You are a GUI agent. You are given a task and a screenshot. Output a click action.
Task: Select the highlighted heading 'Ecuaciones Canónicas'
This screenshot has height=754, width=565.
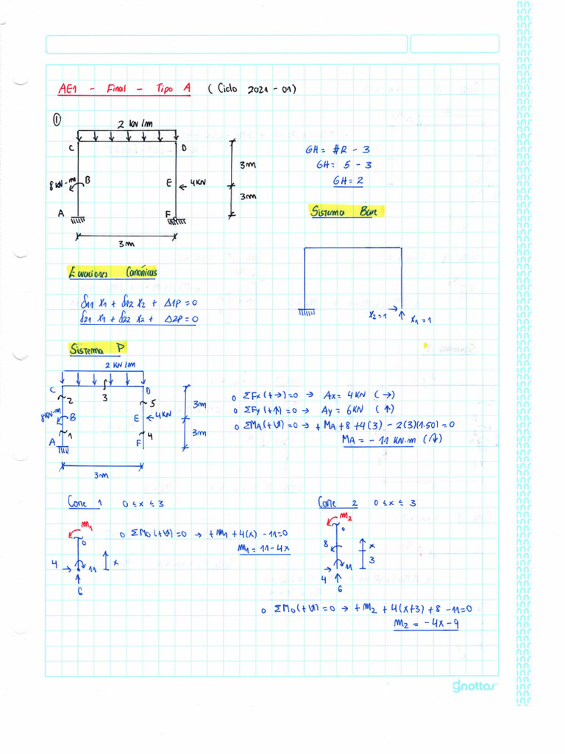(112, 273)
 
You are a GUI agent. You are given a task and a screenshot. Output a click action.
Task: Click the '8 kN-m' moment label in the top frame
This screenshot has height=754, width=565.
(63, 183)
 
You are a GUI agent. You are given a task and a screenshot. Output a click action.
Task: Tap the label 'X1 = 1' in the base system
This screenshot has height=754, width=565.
(422, 320)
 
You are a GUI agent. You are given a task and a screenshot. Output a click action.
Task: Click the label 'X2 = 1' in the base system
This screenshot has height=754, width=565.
(380, 314)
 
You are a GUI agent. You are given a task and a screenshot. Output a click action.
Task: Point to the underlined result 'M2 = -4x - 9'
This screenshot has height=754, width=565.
(427, 624)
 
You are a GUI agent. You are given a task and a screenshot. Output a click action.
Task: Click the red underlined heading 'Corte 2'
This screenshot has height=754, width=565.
(337, 503)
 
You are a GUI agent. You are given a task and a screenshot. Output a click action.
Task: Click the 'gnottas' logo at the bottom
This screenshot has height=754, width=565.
(475, 686)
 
